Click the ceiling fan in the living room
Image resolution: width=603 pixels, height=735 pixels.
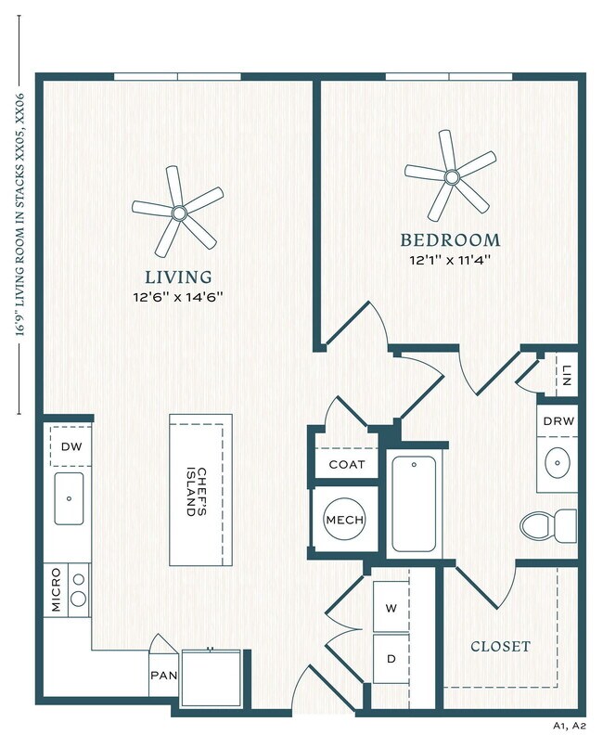click(178, 213)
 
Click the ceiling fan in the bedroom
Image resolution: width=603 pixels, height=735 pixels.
click(451, 176)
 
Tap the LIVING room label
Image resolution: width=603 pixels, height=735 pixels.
click(178, 277)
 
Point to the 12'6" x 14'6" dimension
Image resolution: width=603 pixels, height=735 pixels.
click(178, 297)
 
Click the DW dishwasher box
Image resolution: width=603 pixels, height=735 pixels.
click(71, 446)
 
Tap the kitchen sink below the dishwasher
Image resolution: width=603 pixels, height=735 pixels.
click(69, 497)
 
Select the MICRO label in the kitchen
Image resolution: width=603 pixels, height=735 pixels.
click(56, 589)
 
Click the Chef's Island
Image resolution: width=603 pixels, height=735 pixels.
click(200, 489)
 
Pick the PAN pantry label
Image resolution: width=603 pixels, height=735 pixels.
click(162, 676)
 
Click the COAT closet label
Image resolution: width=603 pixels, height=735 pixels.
click(347, 465)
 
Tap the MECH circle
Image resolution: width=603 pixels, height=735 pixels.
click(344, 520)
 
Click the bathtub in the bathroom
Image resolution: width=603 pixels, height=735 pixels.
click(415, 505)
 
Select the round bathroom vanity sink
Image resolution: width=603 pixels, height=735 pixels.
click(558, 461)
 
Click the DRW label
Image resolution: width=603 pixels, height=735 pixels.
click(558, 420)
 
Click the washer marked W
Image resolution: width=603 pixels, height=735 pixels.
click(391, 609)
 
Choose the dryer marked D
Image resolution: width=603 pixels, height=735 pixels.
click(391, 658)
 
